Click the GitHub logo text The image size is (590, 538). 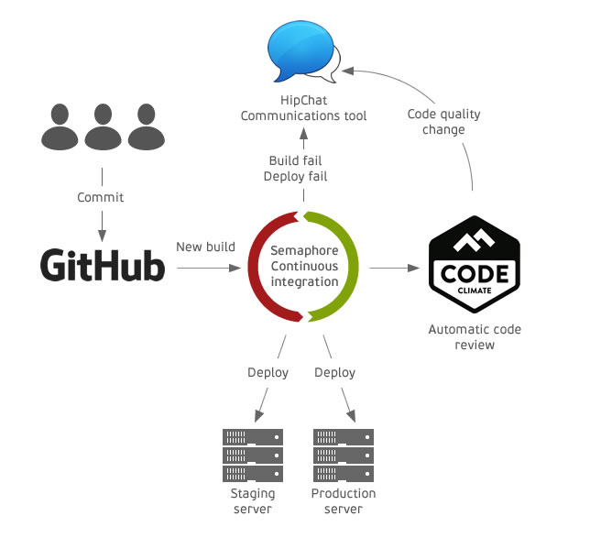point(103,265)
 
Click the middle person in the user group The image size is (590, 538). point(102,127)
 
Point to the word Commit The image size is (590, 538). point(101,197)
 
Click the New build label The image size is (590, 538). point(205,247)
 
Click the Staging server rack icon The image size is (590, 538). point(253,456)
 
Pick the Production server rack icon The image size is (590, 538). point(344,456)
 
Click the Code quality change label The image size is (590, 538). point(443,122)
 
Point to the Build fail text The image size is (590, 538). point(295,160)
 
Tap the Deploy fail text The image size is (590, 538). point(295,176)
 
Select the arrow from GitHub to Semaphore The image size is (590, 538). point(207,268)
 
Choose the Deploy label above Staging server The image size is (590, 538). point(268,373)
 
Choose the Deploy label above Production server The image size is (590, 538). point(334,373)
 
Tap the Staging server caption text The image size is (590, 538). point(252,501)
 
